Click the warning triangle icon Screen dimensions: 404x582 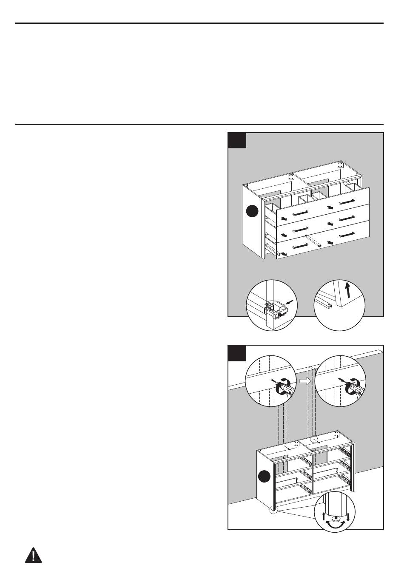tap(34, 556)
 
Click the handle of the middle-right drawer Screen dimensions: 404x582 tap(347, 218)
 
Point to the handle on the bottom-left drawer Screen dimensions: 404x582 tap(300, 246)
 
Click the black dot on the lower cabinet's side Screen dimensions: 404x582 tap(265, 477)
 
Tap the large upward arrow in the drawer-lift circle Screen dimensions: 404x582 tap(347, 292)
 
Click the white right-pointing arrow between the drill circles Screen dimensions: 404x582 tap(305, 381)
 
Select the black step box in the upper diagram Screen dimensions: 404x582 tap(237, 140)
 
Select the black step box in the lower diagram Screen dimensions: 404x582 tap(237, 353)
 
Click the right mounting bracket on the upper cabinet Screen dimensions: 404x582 tap(339, 164)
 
